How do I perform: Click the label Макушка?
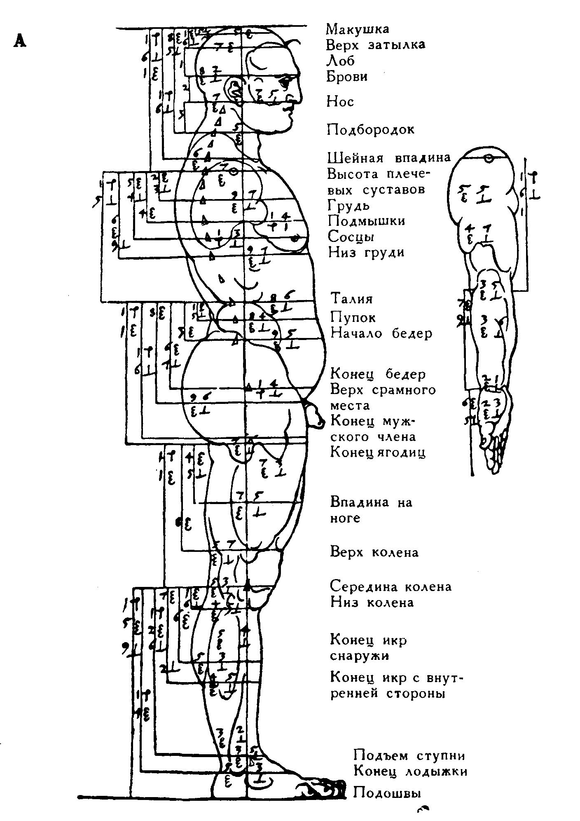point(357,29)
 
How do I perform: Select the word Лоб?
point(340,61)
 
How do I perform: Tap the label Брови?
point(347,77)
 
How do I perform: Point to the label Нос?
point(340,101)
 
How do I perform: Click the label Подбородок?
point(370,130)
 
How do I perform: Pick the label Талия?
point(351,298)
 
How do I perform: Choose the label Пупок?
point(353,318)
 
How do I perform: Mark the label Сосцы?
point(351,237)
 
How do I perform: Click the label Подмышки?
point(366,221)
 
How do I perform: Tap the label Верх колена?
point(374,552)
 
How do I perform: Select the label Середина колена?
point(391,586)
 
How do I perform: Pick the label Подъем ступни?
point(409,755)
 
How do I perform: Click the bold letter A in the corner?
point(19,41)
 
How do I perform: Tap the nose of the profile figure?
point(297,98)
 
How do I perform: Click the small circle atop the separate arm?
point(489,158)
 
